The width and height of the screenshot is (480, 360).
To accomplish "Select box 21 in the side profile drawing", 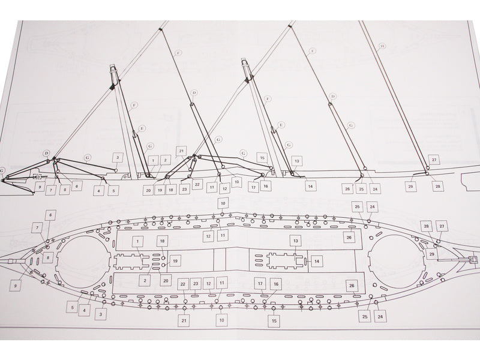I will [x=182, y=151].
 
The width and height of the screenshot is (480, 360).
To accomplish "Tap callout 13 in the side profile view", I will [x=296, y=161].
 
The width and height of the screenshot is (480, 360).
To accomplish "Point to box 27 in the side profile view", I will [x=434, y=160].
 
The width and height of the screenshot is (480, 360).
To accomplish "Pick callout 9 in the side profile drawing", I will [x=39, y=187].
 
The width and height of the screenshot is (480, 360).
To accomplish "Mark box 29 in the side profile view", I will [x=410, y=187].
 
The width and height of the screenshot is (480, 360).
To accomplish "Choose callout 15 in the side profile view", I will [x=262, y=157].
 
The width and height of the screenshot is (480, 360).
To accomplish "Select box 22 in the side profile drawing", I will [x=197, y=183].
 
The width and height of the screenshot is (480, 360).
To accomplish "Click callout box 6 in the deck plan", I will [x=51, y=214].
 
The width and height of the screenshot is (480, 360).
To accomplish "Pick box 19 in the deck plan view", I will [x=175, y=261].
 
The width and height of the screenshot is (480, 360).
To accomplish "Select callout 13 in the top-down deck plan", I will [x=296, y=241].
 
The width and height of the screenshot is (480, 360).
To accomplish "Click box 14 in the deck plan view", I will [x=317, y=261].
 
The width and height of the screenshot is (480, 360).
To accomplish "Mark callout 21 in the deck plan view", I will [x=184, y=322].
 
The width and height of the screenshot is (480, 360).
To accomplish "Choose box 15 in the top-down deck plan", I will [x=274, y=322].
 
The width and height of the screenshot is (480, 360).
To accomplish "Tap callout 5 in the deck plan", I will [x=72, y=307].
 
